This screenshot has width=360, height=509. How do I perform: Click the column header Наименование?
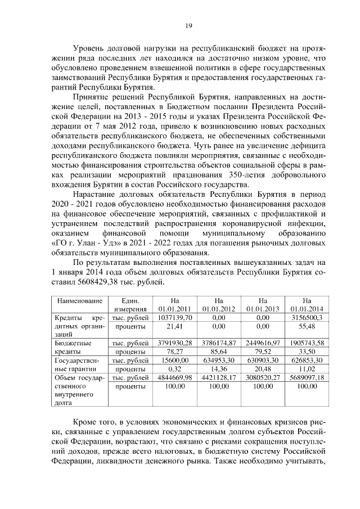79,304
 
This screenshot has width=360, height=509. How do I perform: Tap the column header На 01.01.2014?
307,304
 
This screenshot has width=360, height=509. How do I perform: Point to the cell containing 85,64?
219,350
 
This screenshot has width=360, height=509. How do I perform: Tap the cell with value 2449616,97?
263,342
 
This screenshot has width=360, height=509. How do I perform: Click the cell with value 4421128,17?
219,377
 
